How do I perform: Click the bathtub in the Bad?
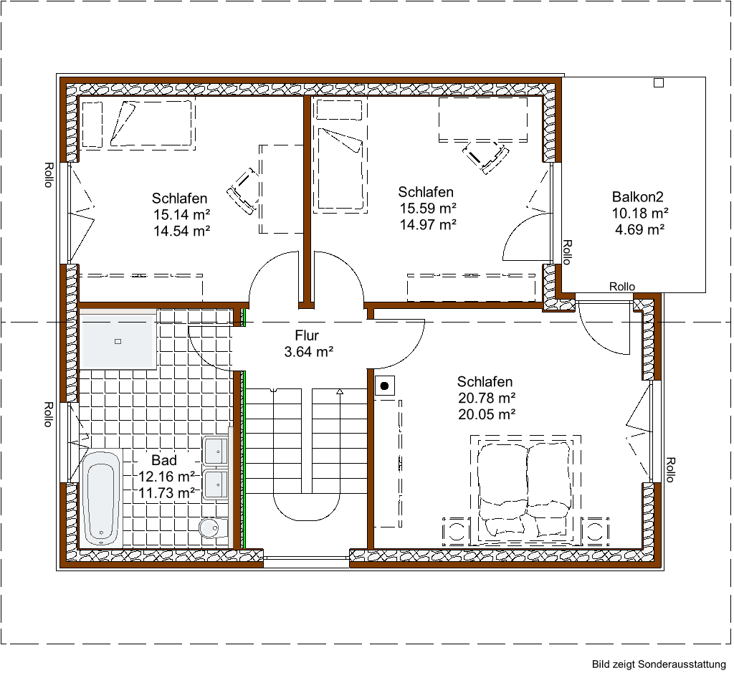(x=100, y=496)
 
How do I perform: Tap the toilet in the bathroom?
(x=211, y=528)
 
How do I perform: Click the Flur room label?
(x=306, y=335)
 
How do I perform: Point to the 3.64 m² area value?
(x=309, y=351)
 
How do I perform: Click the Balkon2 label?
(x=639, y=196)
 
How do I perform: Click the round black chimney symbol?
(x=385, y=386)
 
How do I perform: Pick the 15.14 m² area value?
(x=181, y=214)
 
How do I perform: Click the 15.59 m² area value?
(x=428, y=209)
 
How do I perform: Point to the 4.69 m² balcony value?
(x=639, y=229)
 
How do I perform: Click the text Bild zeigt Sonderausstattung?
(x=658, y=665)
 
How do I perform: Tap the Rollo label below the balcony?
(x=621, y=286)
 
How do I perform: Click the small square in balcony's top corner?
(x=658, y=82)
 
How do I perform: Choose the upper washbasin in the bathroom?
(x=215, y=452)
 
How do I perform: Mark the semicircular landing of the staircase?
(x=307, y=508)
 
